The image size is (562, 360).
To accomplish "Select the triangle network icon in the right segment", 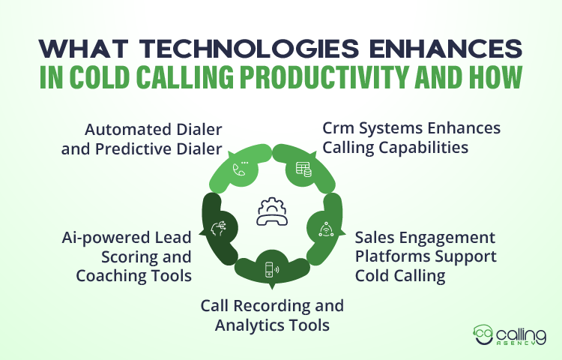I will (x=326, y=227).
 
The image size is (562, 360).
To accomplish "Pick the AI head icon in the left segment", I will (x=220, y=227).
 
